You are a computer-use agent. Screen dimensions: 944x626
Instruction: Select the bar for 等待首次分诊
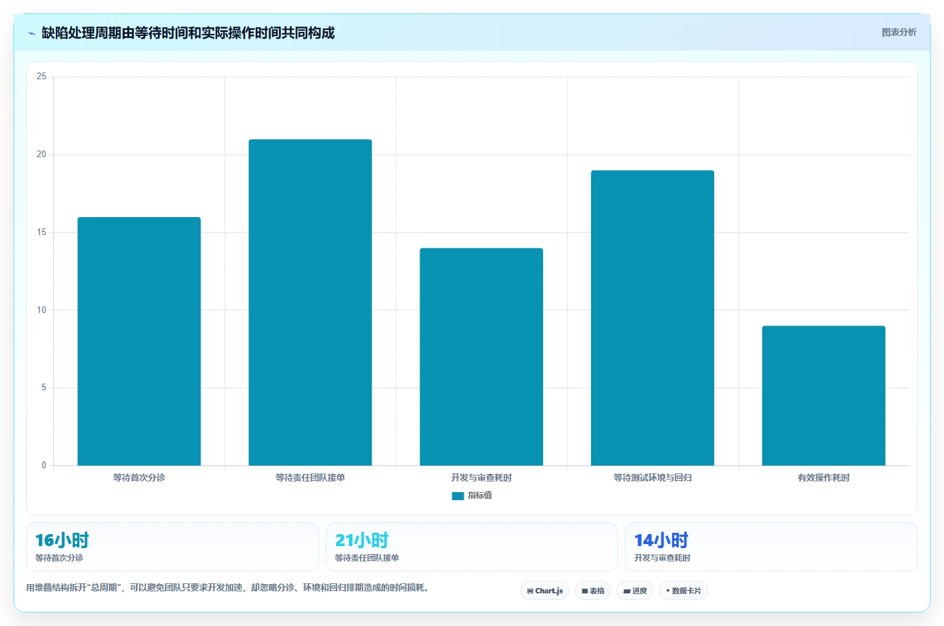click(x=139, y=341)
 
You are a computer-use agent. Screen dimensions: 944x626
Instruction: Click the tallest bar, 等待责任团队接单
click(x=310, y=302)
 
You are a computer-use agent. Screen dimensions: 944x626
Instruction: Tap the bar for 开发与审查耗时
click(x=481, y=357)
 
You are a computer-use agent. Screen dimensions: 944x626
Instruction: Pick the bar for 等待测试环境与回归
click(x=652, y=318)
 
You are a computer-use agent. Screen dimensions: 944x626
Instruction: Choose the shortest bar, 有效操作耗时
click(x=823, y=396)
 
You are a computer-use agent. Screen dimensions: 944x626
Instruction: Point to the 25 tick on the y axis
click(x=41, y=76)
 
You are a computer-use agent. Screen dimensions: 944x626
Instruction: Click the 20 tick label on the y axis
click(x=41, y=155)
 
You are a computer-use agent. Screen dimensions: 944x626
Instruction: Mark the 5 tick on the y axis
click(x=44, y=387)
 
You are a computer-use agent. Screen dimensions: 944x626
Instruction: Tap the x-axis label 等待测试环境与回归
click(x=652, y=477)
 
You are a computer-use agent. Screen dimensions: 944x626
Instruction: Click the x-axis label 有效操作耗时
click(x=823, y=477)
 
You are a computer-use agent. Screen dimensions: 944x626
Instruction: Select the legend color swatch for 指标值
click(x=458, y=496)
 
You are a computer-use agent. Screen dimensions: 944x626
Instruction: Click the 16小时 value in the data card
click(x=62, y=540)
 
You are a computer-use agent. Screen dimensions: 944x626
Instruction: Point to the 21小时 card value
click(x=362, y=540)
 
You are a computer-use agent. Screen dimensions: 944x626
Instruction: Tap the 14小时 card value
click(x=661, y=540)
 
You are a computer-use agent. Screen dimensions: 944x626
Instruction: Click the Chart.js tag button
click(x=545, y=591)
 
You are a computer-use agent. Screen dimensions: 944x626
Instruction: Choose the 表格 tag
click(x=593, y=591)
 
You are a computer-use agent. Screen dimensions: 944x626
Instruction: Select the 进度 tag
click(x=635, y=591)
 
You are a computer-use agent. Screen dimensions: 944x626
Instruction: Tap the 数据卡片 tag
click(x=683, y=591)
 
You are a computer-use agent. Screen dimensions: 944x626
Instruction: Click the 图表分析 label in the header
click(x=899, y=33)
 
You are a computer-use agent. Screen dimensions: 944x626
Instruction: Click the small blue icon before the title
click(x=31, y=33)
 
